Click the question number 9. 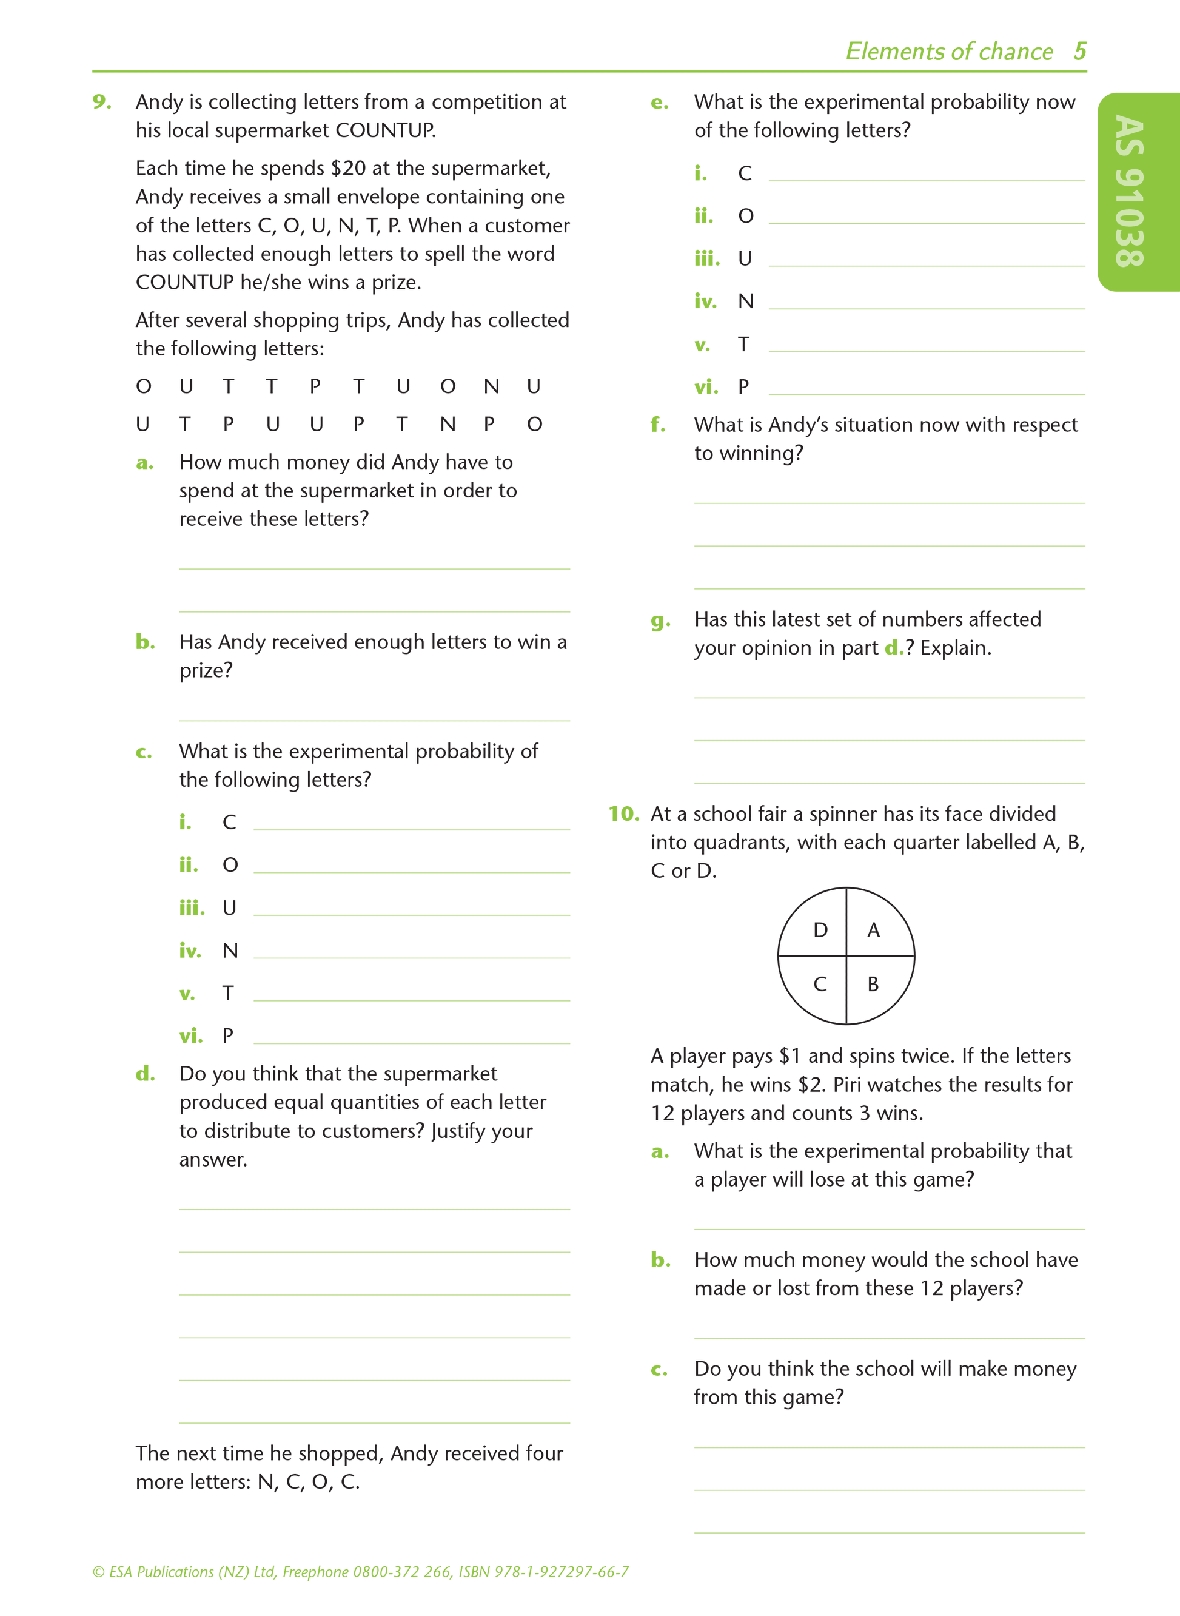(x=101, y=102)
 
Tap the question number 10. (x=623, y=813)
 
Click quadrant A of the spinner (x=874, y=929)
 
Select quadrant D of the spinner (x=820, y=929)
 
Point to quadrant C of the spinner (x=820, y=984)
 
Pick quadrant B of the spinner (x=873, y=984)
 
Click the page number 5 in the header (x=1079, y=51)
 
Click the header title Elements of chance (x=948, y=52)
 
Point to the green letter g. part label (x=660, y=620)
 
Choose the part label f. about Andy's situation (x=658, y=425)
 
